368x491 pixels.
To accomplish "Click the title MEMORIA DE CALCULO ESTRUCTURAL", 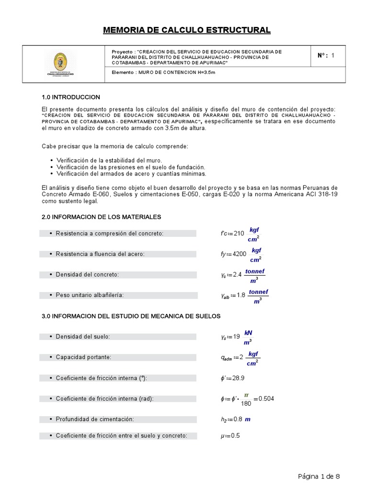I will tap(187, 31).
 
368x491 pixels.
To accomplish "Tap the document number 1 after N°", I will tap(333, 56).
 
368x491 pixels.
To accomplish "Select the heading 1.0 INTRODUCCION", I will tap(71, 97).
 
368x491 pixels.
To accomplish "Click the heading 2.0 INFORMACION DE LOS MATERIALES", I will tap(102, 217).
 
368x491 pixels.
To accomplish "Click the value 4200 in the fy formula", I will tap(240, 254).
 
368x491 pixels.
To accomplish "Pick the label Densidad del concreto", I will tap(87, 275).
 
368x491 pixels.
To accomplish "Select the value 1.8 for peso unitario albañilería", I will tap(241, 295).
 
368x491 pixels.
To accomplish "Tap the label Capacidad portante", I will tap(83, 357).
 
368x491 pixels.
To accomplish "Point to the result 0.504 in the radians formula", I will tap(266, 399).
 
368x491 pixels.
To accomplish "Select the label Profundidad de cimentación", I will tap(95, 419).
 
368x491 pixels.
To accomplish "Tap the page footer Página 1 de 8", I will tap(319, 476).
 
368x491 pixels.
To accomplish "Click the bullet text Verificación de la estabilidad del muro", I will tap(109, 160).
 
